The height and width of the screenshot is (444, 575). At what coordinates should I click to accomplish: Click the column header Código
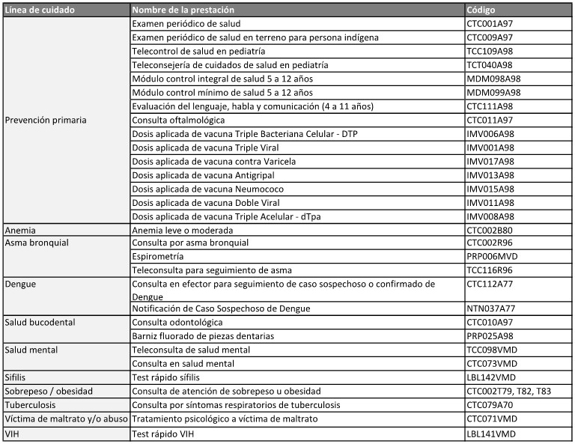point(484,10)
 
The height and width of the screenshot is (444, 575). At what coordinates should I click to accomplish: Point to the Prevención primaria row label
point(46,120)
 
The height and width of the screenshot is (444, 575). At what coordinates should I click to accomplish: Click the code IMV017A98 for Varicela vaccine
point(491,161)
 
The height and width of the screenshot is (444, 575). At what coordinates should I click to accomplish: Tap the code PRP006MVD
point(492,256)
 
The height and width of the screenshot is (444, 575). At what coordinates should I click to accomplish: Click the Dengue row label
point(20,284)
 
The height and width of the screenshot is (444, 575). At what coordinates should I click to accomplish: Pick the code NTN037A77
point(492,308)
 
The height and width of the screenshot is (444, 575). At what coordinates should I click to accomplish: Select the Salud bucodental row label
point(40,322)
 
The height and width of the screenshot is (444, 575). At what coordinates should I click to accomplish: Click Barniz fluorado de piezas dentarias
point(203,336)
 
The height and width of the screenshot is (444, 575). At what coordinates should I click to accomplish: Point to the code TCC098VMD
point(493,350)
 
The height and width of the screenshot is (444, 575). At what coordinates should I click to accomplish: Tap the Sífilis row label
point(18,377)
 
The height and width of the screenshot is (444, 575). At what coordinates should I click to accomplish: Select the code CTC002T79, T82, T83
point(509,392)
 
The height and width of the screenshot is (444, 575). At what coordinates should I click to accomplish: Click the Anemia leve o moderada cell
point(183,230)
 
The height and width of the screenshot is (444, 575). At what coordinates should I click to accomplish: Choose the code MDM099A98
point(494,93)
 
